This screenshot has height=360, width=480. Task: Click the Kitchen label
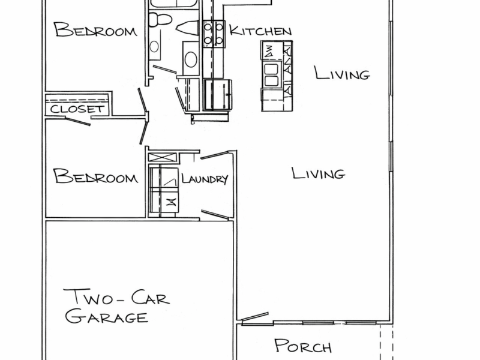point(260,31)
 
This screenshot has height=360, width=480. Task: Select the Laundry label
point(204,179)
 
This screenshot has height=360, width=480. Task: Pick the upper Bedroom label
point(95,31)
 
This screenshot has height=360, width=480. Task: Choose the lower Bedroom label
point(95,177)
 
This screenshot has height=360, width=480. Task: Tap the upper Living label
point(341,74)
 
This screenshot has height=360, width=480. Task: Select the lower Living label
point(318,174)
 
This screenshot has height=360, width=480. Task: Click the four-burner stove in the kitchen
point(213,34)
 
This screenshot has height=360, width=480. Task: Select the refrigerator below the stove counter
point(217,94)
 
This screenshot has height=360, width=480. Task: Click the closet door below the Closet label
point(77,122)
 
